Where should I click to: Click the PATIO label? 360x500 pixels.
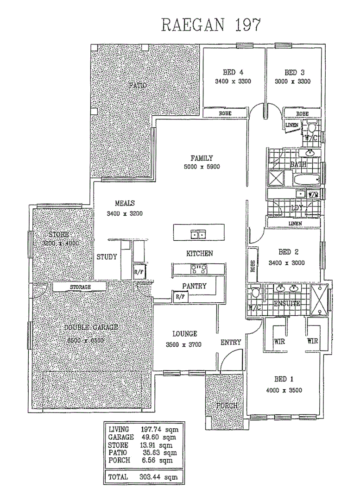click(x=137, y=86)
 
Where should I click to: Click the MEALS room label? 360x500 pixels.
click(x=125, y=203)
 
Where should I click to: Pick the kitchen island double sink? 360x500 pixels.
click(x=199, y=235)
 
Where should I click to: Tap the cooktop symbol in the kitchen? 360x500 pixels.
click(x=199, y=269)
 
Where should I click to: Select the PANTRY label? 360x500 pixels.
click(x=194, y=286)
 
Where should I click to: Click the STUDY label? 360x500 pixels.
click(x=107, y=256)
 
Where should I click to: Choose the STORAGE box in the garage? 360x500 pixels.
click(x=80, y=287)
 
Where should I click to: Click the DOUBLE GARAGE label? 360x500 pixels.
click(x=91, y=327)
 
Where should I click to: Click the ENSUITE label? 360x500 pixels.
click(x=287, y=304)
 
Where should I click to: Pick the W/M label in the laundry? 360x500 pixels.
click(x=314, y=195)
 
